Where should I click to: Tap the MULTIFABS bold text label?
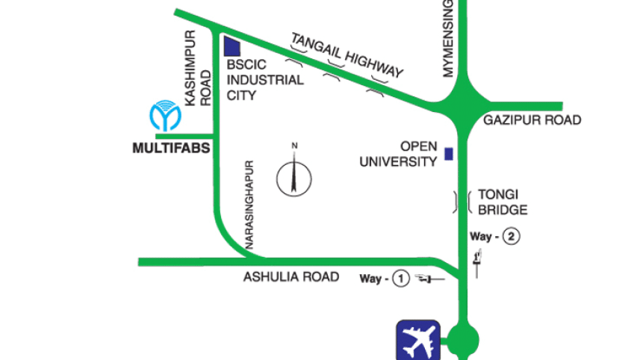click(170, 148)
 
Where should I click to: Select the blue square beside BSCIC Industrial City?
click(232, 46)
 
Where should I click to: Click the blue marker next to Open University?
click(448, 154)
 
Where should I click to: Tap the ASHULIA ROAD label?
click(291, 277)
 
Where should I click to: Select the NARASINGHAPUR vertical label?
click(250, 204)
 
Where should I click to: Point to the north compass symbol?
click(294, 176)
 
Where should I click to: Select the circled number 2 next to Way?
click(510, 237)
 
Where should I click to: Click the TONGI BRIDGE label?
click(503, 202)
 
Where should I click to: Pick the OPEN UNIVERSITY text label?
click(399, 154)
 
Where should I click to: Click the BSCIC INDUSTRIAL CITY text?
click(264, 80)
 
